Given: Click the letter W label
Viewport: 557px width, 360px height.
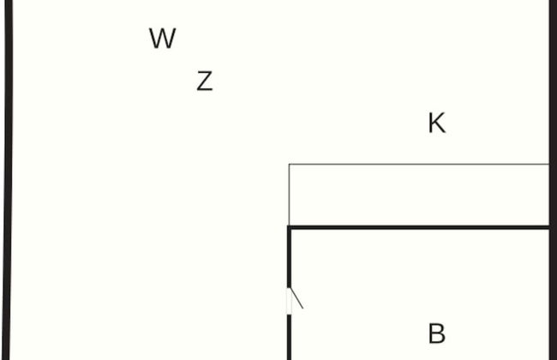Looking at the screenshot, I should [x=162, y=39].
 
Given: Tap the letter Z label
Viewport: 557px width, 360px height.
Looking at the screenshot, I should [x=204, y=81].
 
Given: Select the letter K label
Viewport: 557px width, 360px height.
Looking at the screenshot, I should [x=436, y=123].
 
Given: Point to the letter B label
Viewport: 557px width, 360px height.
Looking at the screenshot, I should [x=436, y=333].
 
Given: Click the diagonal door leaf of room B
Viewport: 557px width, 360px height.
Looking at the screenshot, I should [x=296, y=299].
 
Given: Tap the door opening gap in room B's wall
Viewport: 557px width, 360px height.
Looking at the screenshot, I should [x=289, y=302].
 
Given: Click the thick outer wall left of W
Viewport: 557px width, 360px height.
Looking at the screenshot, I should [x=9, y=129].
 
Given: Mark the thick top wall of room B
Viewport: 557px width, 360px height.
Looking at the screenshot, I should [x=420, y=227].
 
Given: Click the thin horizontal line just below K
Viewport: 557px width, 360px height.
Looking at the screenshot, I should [x=420, y=164].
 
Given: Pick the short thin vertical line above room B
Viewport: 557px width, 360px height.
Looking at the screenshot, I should [x=289, y=195].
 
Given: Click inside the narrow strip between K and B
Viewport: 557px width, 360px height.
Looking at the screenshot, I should [x=420, y=195].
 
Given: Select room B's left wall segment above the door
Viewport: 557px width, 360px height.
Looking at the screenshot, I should [x=289, y=257].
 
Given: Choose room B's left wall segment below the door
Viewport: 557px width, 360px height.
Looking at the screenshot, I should [x=289, y=339].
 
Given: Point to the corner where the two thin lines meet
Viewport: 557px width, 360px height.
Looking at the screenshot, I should [x=289, y=164].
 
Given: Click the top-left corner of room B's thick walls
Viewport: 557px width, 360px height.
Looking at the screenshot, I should [x=289, y=227].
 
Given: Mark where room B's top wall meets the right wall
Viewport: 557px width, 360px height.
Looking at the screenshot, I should [x=550, y=227].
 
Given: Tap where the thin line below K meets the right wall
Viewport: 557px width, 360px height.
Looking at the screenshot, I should [x=548, y=164].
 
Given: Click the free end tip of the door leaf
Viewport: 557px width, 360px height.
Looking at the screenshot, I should [x=302, y=308].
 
